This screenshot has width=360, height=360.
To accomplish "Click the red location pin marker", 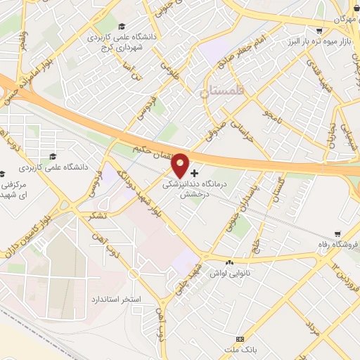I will pos(181,165).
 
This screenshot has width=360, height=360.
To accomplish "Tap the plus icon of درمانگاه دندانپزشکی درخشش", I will pos(195,172).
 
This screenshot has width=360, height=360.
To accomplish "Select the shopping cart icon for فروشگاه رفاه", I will pos(338,233).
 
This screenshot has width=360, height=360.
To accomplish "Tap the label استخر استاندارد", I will pos(117,299).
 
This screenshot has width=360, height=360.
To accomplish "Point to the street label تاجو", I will pos(271,113).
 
